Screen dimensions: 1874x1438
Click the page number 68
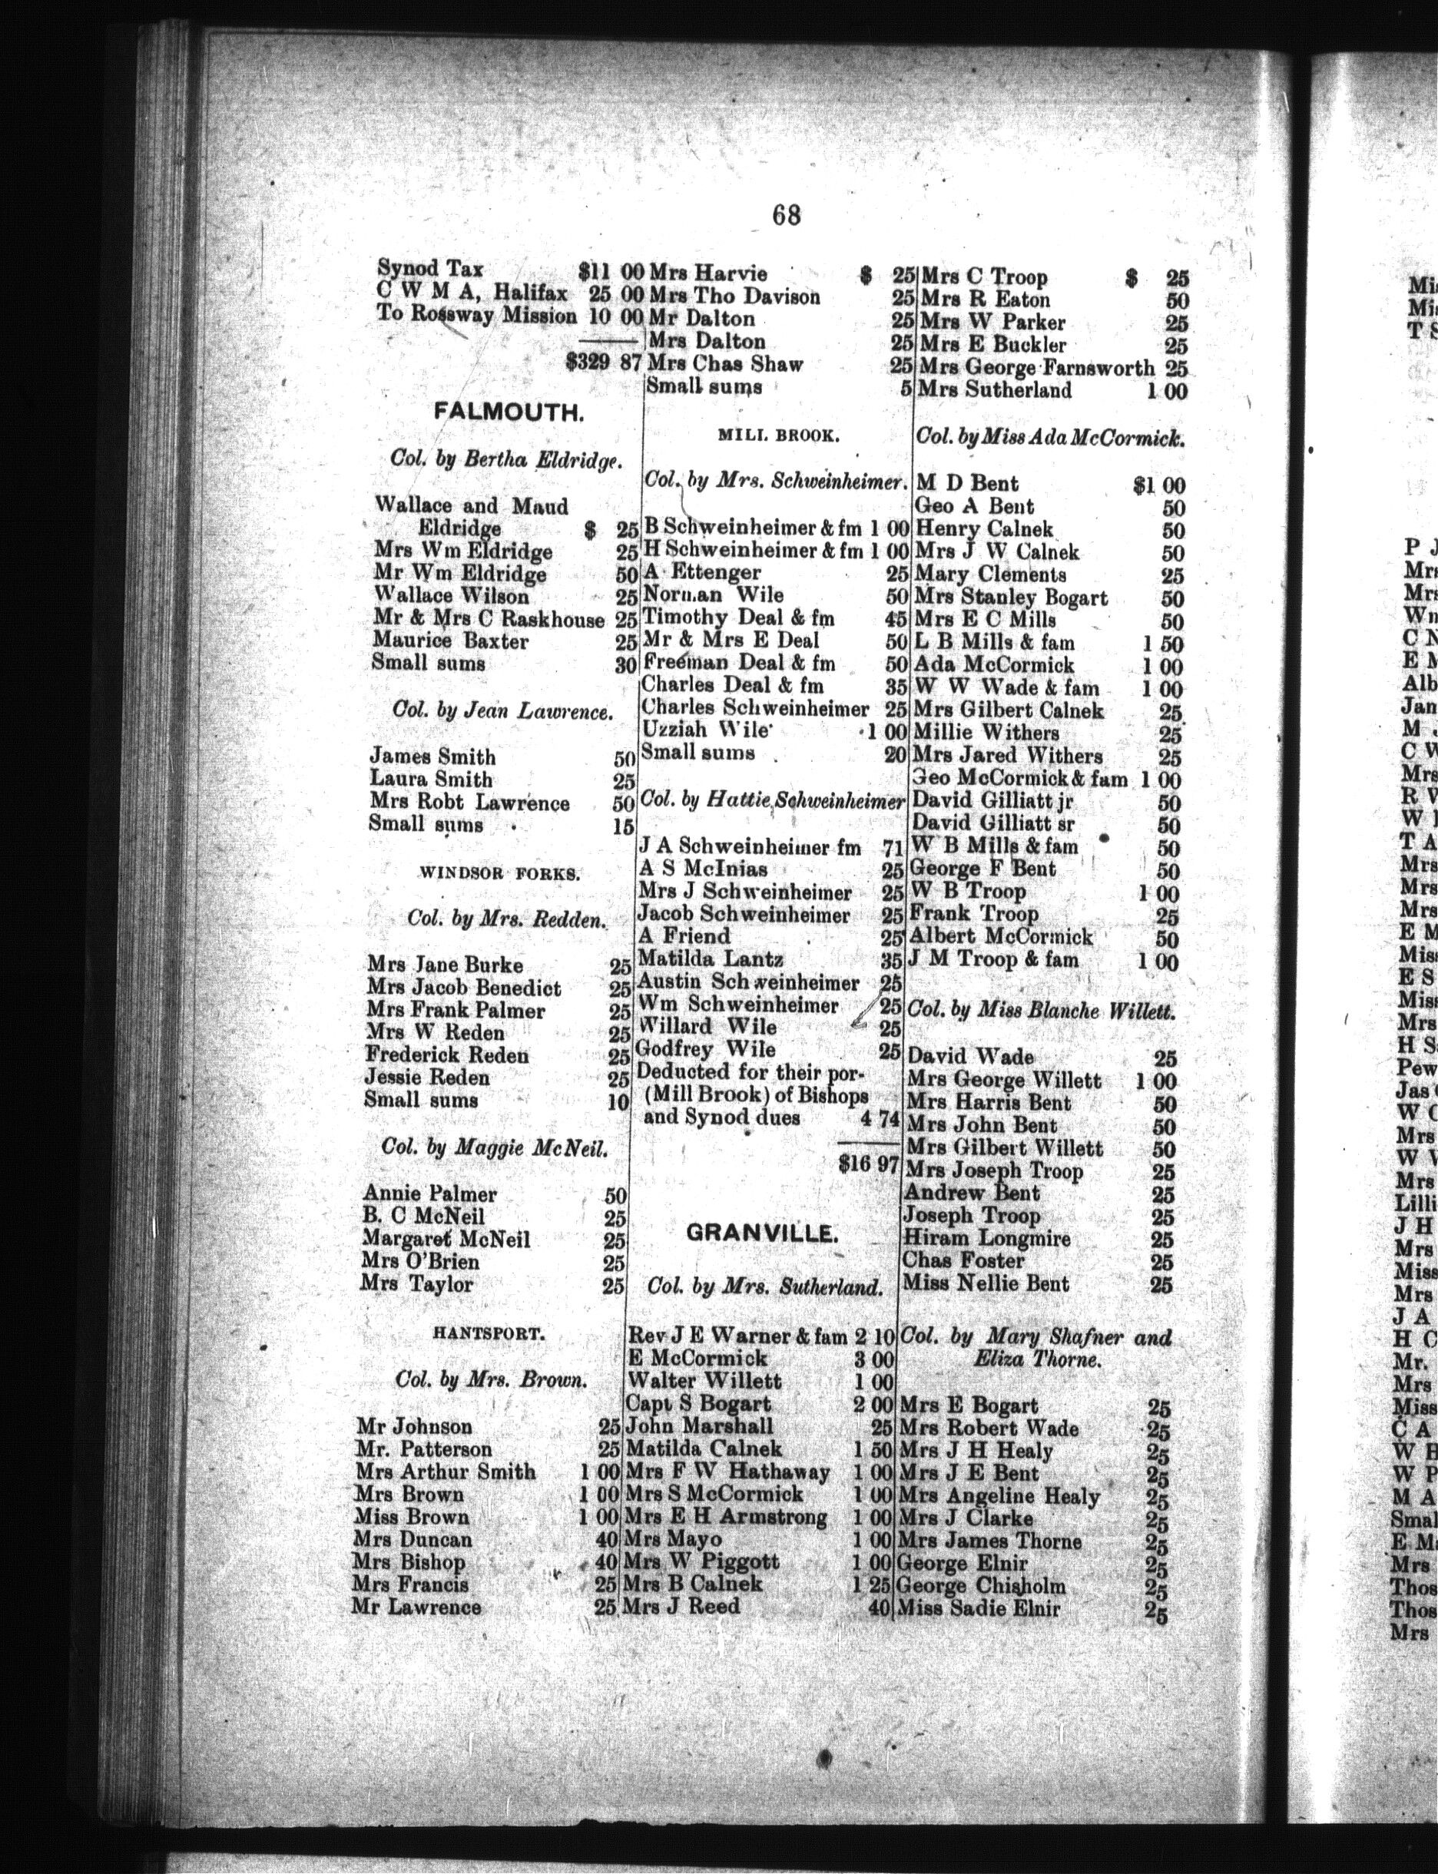point(785,215)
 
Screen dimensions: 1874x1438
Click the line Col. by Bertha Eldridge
point(492,459)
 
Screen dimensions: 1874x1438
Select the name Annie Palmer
point(429,1193)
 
